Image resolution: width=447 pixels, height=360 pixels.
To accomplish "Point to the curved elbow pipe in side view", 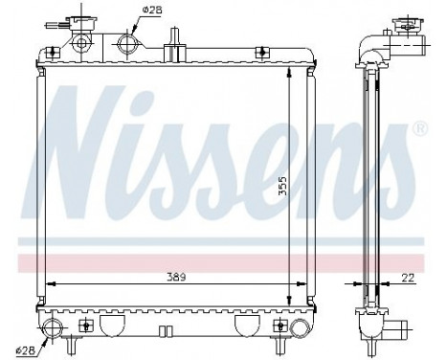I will click(369, 44).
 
